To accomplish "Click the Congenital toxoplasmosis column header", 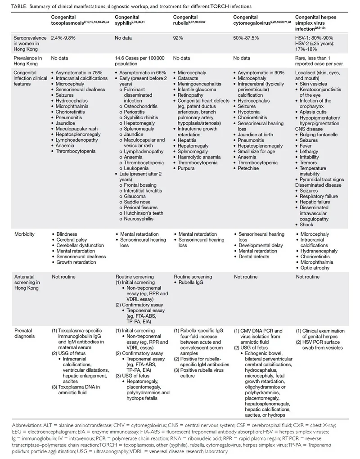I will [74, 20].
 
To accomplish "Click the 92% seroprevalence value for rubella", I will [178, 38].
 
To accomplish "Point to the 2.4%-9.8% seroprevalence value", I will [63, 38].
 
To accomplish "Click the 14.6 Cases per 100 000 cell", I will [140, 61].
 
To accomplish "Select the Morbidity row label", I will [24, 234].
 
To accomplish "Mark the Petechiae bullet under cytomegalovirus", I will [249, 168].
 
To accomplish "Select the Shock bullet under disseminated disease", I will [306, 224].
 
